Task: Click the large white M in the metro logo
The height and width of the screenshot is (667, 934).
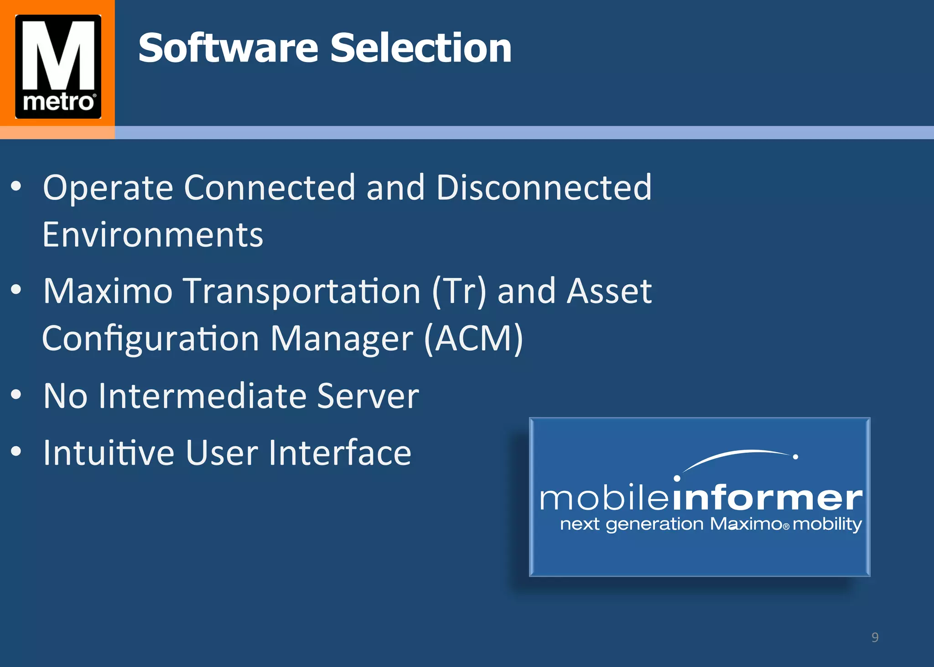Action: tap(58, 55)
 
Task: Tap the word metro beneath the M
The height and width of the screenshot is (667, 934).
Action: tap(58, 102)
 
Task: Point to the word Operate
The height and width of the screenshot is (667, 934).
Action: tap(108, 188)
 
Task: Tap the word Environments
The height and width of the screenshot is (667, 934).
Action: tap(153, 235)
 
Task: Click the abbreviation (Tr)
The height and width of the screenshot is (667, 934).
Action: tap(459, 292)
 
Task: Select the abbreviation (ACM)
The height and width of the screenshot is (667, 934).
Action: tap(473, 339)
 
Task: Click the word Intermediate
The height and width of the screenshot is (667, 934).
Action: tap(202, 396)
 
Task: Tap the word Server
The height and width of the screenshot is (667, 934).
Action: tap(368, 396)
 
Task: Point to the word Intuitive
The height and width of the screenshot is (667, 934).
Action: tap(109, 453)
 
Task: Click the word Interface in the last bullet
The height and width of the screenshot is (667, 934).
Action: tap(340, 453)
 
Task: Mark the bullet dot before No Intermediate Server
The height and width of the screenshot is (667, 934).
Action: tap(16, 395)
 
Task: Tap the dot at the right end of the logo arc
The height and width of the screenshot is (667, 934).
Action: tap(795, 457)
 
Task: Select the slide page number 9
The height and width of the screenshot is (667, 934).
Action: tap(875, 637)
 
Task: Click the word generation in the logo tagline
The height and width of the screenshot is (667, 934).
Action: tap(654, 525)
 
